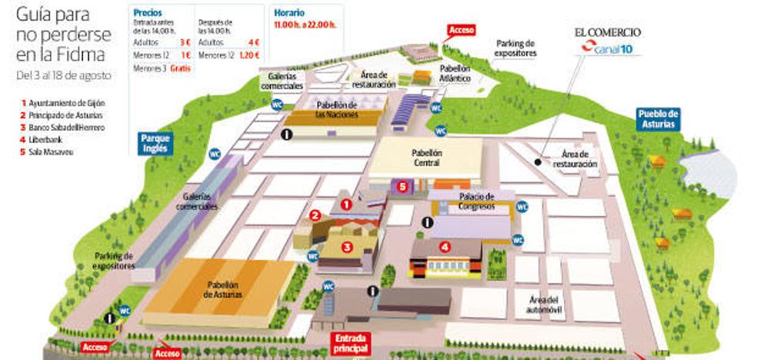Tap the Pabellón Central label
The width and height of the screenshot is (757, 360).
tap(426, 158)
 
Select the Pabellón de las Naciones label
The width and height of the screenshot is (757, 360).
tap(336, 110)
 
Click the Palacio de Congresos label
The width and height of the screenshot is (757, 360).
tap(471, 202)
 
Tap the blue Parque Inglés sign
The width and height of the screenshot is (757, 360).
tap(155, 143)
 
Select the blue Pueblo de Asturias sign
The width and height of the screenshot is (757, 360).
tap(659, 119)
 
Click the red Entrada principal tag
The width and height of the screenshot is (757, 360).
tap(351, 342)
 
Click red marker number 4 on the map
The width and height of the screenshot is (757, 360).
tap(444, 247)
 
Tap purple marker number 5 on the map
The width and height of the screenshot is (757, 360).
tap(402, 185)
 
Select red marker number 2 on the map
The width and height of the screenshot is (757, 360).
tap(315, 215)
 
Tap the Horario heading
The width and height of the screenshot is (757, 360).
tap(288, 13)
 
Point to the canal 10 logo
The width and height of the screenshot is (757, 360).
tap(607, 49)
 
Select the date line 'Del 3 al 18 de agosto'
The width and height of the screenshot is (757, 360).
tap(63, 75)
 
